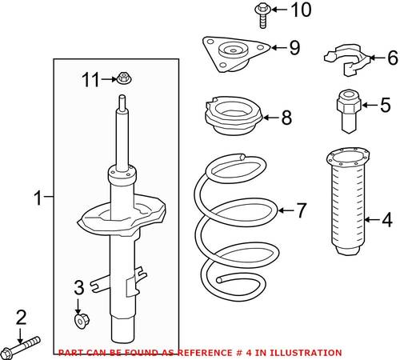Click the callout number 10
click(301, 10)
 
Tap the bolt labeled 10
click(262, 15)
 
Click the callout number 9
click(295, 48)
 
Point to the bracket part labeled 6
click(346, 59)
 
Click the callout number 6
click(393, 58)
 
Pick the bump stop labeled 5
click(349, 111)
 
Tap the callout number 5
click(386, 105)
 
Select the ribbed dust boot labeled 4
click(348, 202)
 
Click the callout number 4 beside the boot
click(387, 220)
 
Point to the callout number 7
click(302, 210)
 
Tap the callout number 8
click(286, 118)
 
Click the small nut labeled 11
click(122, 78)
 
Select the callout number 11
click(90, 79)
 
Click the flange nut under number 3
click(82, 321)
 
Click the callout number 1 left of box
click(38, 198)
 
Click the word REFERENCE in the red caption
click(205, 353)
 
